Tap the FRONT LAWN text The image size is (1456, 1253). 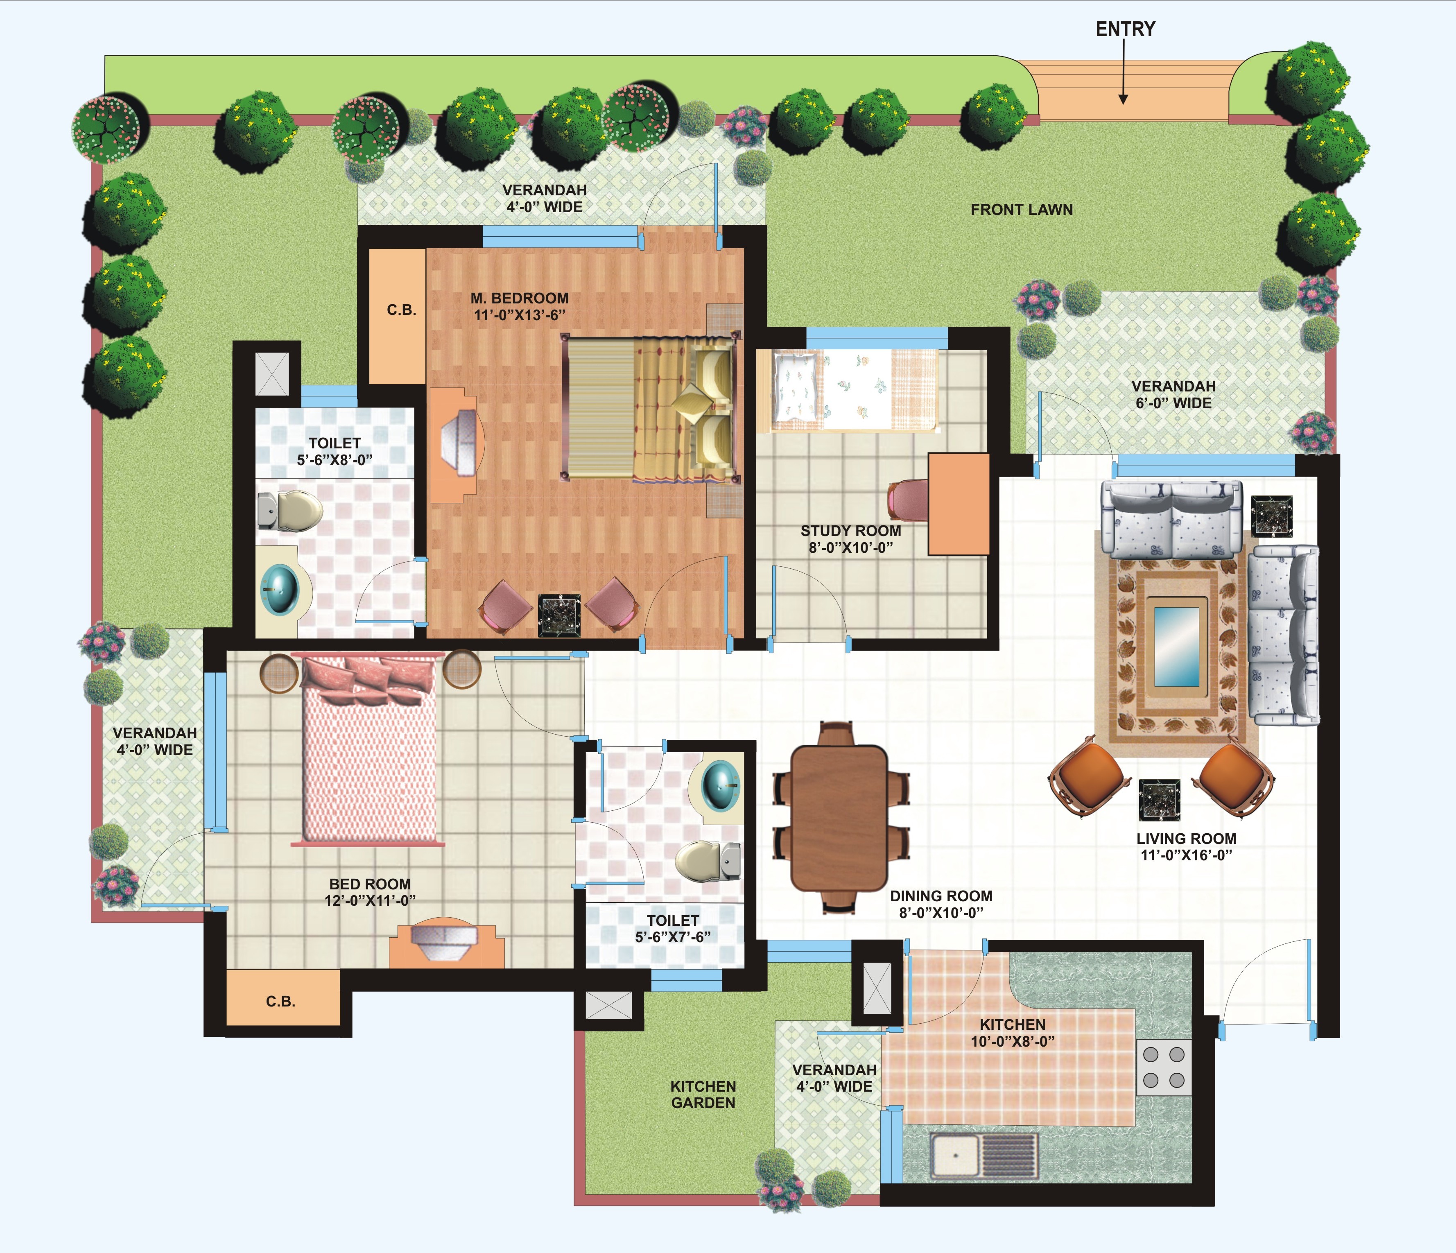pyautogui.click(x=1022, y=209)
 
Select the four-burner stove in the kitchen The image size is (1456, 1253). pyautogui.click(x=1164, y=1067)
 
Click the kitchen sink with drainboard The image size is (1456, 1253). pyautogui.click(x=984, y=1155)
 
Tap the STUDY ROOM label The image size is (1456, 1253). pyautogui.click(x=851, y=531)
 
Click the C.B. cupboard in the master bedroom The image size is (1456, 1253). pyautogui.click(x=397, y=316)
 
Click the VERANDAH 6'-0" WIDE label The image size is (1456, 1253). pyautogui.click(x=1173, y=394)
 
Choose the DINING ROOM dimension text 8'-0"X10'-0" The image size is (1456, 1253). pyautogui.click(x=941, y=912)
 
